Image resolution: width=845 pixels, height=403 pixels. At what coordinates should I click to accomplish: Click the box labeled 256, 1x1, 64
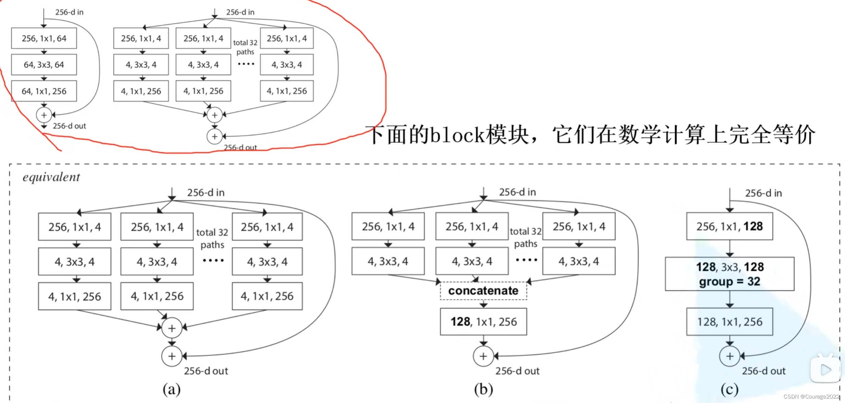point(44,38)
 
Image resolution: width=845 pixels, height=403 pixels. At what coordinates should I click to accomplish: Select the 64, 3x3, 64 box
point(44,64)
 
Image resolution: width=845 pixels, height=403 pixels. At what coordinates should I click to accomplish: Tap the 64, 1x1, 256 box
point(44,91)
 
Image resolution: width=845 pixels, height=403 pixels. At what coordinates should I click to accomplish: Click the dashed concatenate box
point(483,291)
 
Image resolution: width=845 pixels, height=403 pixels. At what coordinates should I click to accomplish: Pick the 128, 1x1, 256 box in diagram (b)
point(483,321)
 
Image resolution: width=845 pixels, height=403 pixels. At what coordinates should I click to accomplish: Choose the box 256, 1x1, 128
point(729,226)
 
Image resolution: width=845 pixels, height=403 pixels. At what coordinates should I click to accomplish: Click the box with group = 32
point(729,274)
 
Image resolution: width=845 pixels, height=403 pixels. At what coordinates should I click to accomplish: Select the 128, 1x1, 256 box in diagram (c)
point(729,321)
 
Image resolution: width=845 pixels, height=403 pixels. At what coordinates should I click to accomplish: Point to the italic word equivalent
point(51,177)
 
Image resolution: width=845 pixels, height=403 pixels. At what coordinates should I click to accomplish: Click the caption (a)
point(171,389)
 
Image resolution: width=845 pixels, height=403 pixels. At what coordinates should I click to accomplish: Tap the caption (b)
point(483,389)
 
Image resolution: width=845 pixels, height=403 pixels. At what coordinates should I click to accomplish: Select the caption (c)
point(729,389)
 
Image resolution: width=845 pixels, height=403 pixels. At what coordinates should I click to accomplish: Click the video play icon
point(825,369)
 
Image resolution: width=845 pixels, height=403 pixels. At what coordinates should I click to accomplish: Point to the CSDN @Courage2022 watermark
point(811,396)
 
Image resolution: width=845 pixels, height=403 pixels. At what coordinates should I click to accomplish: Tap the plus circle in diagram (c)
point(729,356)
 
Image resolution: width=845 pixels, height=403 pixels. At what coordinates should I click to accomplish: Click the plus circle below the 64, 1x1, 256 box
point(44,115)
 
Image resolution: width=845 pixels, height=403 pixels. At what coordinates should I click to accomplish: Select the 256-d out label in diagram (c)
point(764,371)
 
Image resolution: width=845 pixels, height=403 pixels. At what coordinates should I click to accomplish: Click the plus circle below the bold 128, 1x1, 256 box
point(483,356)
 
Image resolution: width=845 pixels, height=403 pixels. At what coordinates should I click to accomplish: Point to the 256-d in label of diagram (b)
point(517,192)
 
